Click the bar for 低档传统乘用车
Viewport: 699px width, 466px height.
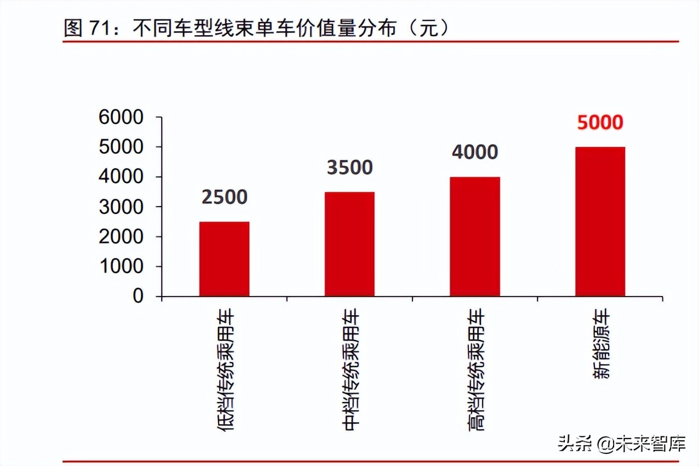click(224, 259)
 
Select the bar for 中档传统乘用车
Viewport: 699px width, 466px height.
click(349, 244)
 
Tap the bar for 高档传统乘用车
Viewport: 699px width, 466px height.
click(475, 236)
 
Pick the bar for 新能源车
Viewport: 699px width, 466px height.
click(600, 221)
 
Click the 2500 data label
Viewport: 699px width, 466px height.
click(225, 197)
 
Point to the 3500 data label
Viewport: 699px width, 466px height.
click(349, 167)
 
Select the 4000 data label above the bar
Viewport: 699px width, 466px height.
click(475, 152)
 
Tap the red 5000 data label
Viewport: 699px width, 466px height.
click(600, 122)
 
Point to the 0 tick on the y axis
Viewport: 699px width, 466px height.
click(137, 297)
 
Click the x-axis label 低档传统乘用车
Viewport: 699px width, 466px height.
click(225, 370)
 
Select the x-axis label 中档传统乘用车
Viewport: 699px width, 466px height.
click(351, 370)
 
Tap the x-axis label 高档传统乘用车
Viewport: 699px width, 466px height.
click(476, 370)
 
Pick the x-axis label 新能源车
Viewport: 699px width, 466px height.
click(600, 345)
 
